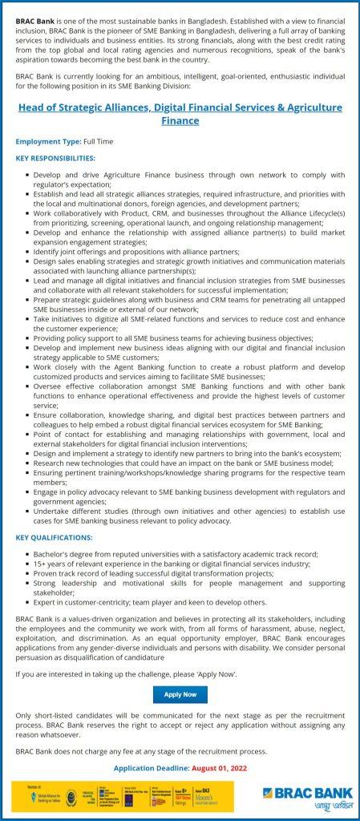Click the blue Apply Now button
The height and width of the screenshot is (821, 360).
180,694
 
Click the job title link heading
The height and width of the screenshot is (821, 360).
180,113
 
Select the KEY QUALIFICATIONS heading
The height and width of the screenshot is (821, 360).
54,536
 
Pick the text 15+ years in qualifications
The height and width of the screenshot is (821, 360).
50,564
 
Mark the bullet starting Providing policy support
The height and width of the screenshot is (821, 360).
172,339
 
